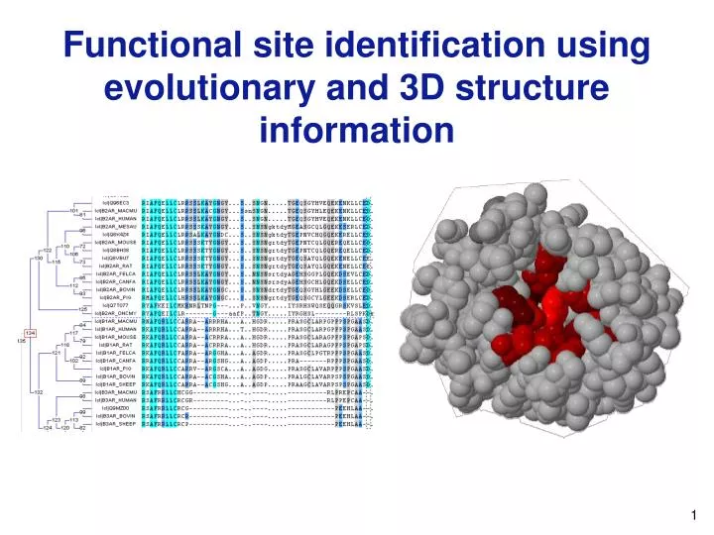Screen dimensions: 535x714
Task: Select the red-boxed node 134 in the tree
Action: (x=31, y=333)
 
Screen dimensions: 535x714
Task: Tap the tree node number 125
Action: (x=83, y=309)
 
